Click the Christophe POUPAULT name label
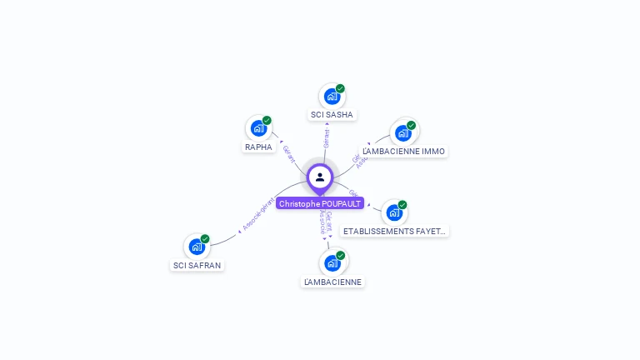point(320,203)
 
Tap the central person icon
point(320,177)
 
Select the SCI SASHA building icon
point(332,96)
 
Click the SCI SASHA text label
point(332,114)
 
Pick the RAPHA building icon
point(258,128)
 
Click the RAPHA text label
point(258,147)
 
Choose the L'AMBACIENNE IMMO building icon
point(403,133)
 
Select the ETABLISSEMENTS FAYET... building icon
point(394,212)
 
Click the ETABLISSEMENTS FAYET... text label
point(395,231)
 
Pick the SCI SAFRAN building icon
point(197,247)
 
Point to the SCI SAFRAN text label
point(197,265)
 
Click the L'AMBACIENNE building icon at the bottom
point(332,263)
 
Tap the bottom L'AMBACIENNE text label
point(332,282)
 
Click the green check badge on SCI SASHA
point(340,88)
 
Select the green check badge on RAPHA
point(267,121)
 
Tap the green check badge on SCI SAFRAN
point(205,239)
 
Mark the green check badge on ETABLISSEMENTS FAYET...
point(402,205)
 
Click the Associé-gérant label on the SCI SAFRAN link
point(257,214)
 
